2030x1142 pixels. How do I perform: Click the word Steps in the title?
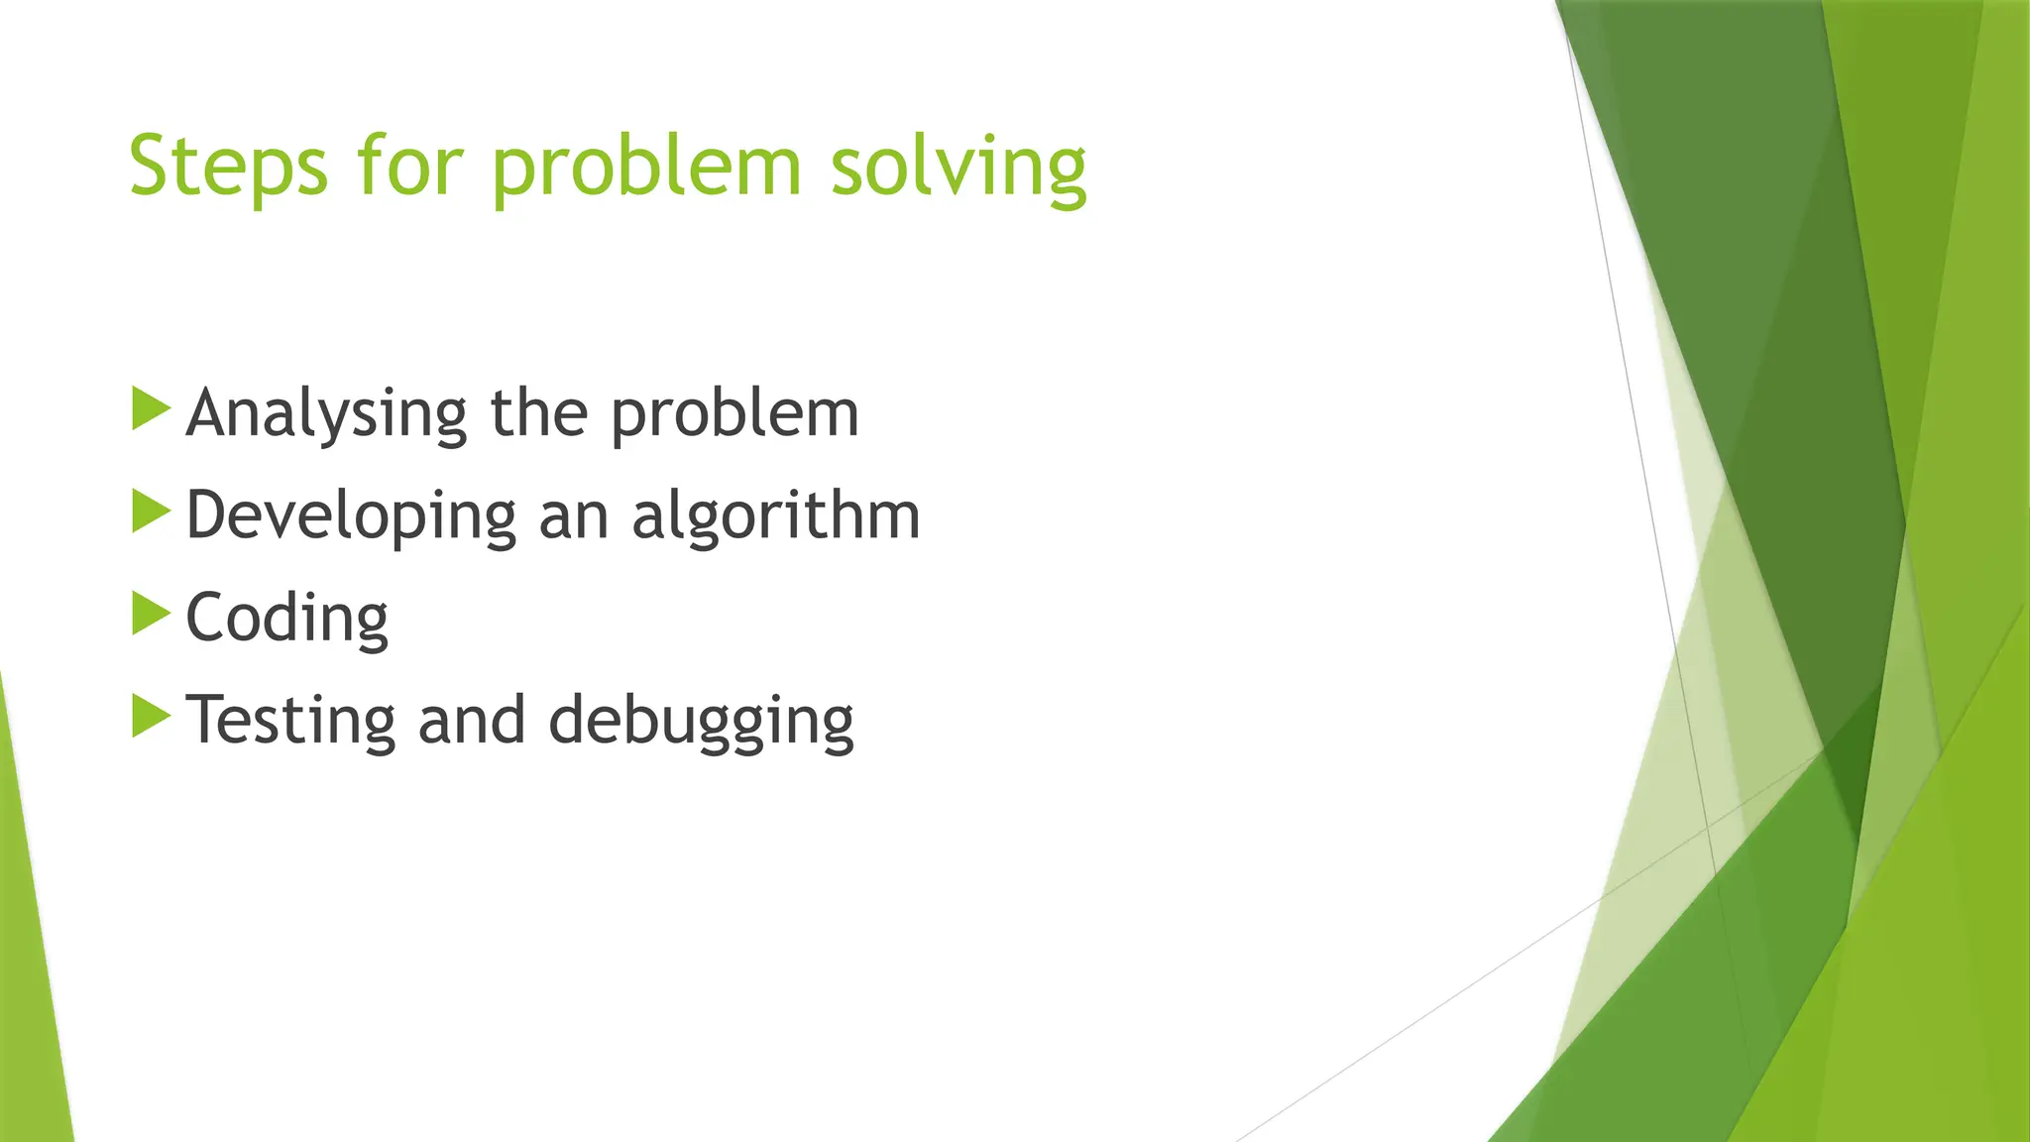click(x=227, y=167)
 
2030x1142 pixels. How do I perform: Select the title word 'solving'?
click(x=958, y=167)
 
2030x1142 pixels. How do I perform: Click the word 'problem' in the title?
click(x=646, y=167)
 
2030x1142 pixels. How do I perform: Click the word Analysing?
click(x=326, y=413)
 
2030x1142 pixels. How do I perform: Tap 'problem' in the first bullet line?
click(x=734, y=414)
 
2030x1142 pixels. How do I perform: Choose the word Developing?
click(x=351, y=516)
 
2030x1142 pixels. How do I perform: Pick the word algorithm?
click(x=776, y=516)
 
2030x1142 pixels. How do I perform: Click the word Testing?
click(x=290, y=721)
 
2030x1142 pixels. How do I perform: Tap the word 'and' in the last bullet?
click(x=472, y=720)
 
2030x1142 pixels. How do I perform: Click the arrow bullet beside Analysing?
click(x=151, y=409)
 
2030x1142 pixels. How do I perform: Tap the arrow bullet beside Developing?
click(x=151, y=512)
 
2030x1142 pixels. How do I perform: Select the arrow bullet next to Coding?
click(x=151, y=614)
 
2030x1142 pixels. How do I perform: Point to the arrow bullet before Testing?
click(x=151, y=716)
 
